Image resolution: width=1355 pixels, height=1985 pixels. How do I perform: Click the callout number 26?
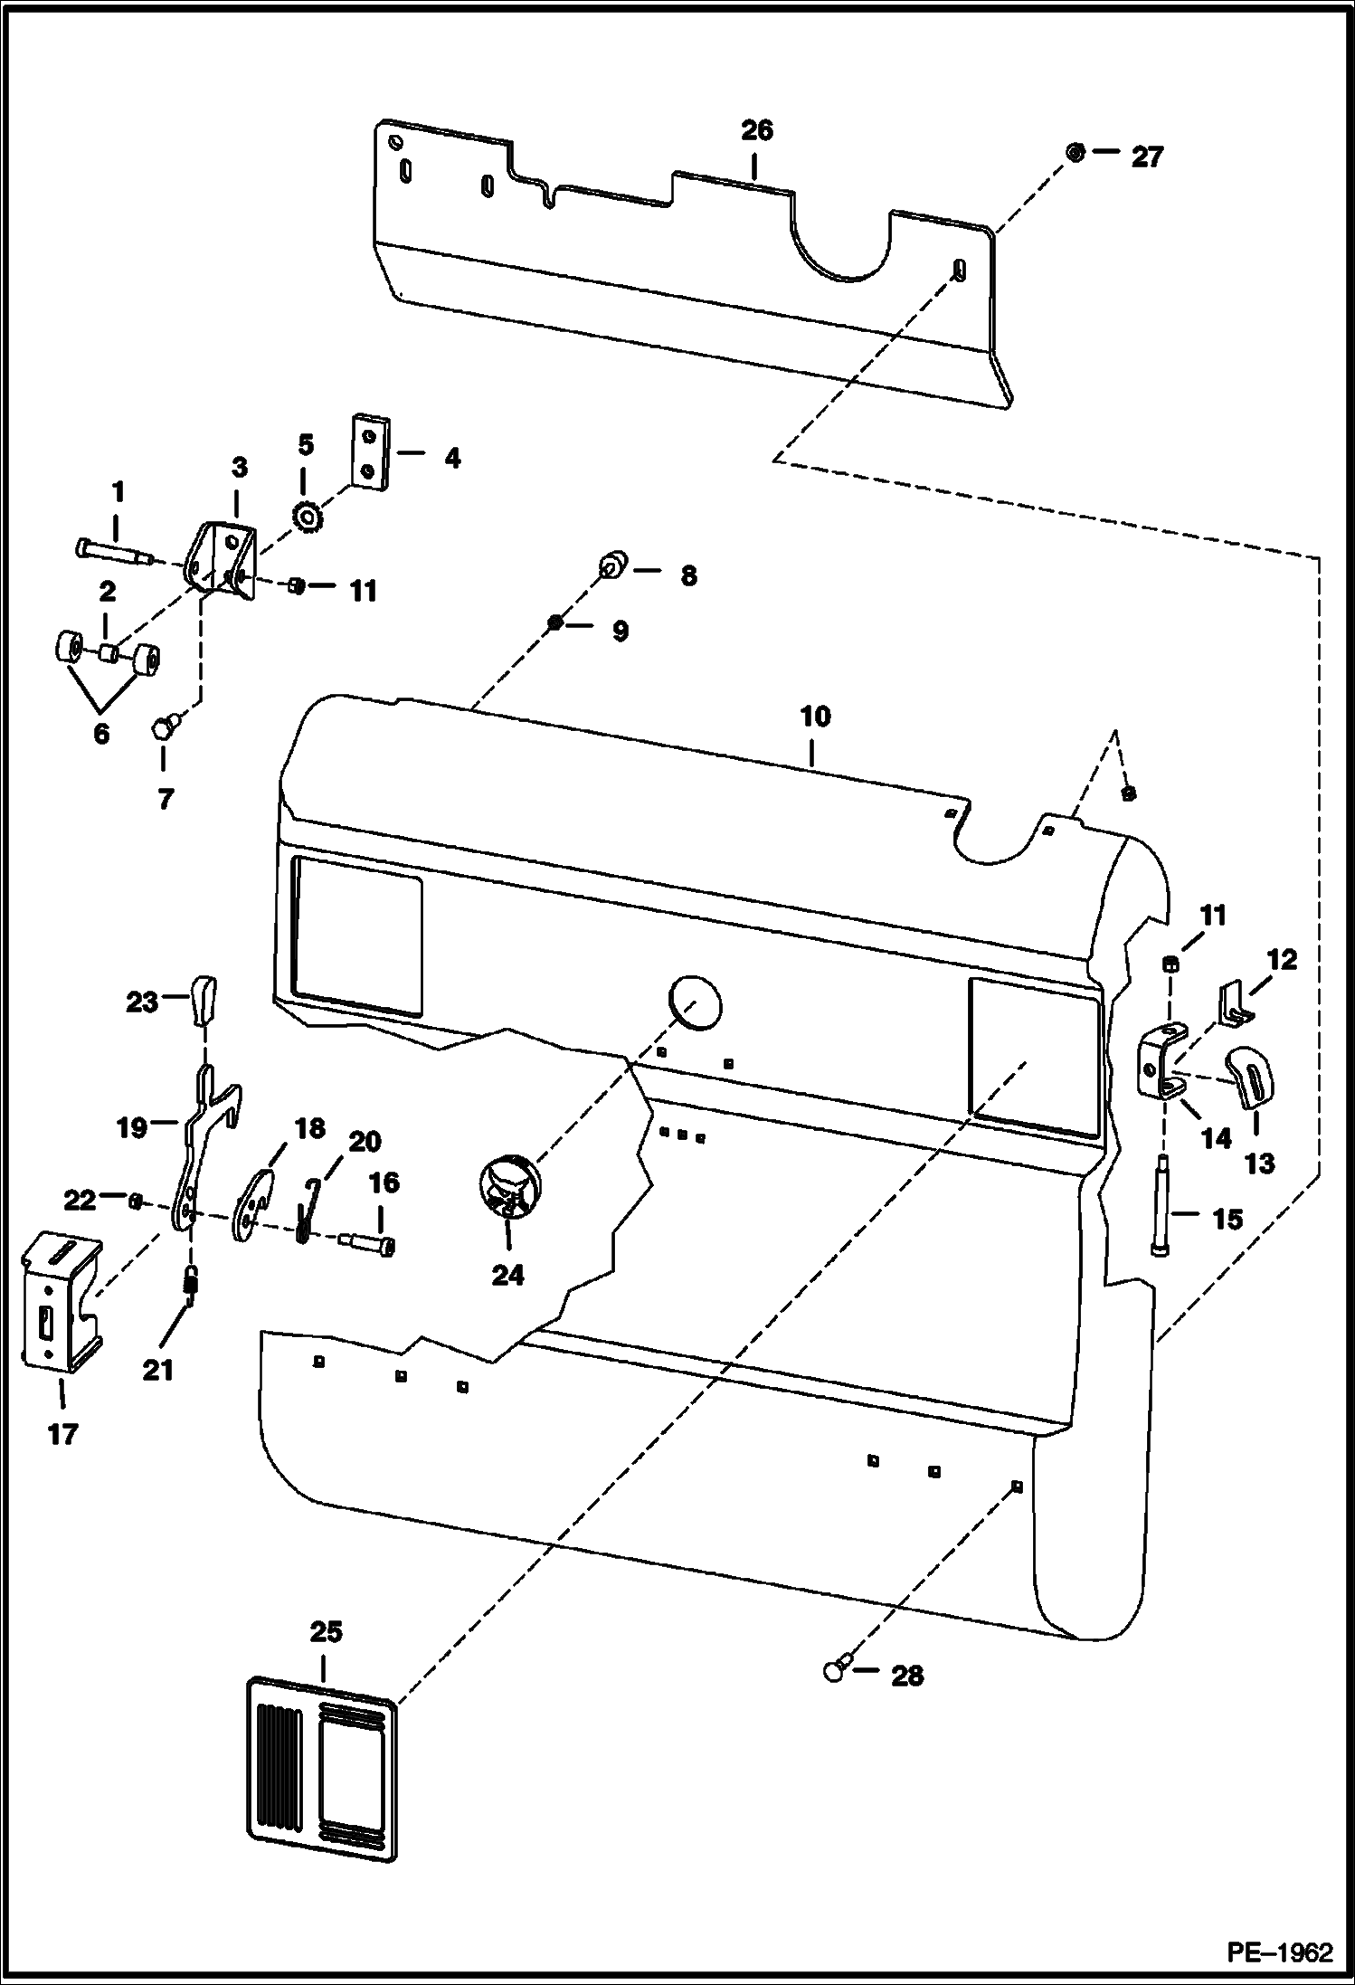point(757,131)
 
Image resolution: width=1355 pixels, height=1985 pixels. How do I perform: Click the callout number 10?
point(815,717)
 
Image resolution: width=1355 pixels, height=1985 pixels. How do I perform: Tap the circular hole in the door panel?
point(695,1002)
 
